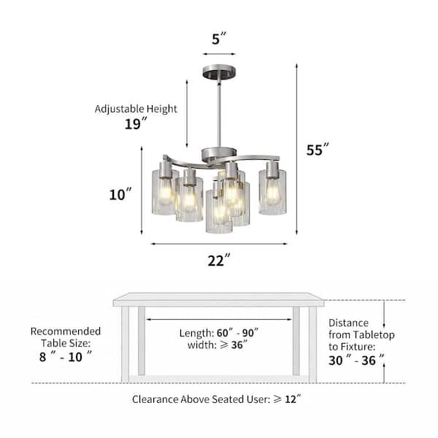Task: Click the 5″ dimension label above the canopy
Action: (x=218, y=39)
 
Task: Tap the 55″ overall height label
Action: (x=318, y=150)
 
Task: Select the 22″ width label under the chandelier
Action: (x=219, y=261)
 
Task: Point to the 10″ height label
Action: (x=120, y=194)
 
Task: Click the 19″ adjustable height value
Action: (x=136, y=124)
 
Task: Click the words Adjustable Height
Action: (x=136, y=109)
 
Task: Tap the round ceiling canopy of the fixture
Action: (x=219, y=72)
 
